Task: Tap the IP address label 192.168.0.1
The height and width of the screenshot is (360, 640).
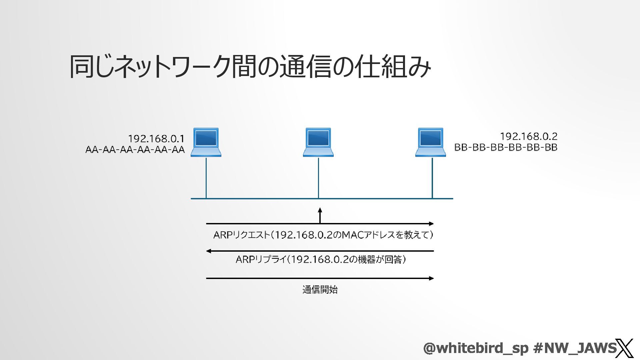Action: click(156, 138)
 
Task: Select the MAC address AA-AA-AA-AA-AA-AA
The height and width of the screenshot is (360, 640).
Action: click(135, 150)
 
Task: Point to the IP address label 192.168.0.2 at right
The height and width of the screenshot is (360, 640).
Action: click(528, 136)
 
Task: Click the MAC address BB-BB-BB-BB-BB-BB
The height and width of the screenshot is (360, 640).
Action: click(506, 147)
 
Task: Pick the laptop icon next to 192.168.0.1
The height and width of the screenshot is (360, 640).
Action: click(206, 142)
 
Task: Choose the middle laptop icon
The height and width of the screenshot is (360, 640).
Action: click(318, 142)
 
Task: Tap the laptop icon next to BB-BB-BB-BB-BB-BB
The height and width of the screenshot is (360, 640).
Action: click(431, 142)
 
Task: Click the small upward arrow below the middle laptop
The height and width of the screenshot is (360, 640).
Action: click(320, 215)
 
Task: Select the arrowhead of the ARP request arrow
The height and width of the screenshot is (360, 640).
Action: click(431, 224)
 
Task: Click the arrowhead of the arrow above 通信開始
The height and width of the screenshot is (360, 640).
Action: click(431, 278)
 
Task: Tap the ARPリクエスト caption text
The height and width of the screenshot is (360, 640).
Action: click(323, 235)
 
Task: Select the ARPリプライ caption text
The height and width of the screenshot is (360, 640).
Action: click(321, 259)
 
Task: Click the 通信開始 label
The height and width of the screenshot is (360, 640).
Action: click(320, 290)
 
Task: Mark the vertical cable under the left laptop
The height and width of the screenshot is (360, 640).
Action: click(206, 178)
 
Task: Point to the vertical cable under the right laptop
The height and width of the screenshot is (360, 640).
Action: click(432, 178)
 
